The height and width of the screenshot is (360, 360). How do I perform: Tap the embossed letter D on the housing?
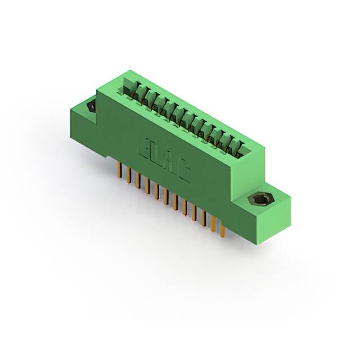[155, 150]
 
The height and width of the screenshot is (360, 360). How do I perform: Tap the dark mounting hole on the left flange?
[91, 106]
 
